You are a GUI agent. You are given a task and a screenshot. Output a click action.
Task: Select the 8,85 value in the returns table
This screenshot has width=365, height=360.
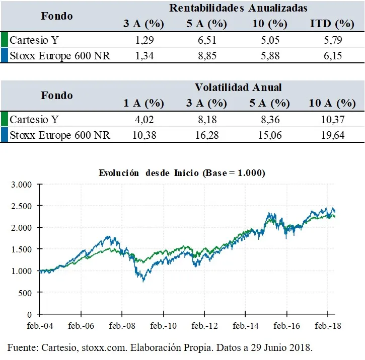pyautogui.click(x=203, y=56)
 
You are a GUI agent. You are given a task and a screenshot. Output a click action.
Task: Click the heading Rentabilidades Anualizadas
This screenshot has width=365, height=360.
pyautogui.click(x=238, y=8)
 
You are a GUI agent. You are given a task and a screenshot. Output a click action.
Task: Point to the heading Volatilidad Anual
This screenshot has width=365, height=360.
pyautogui.click(x=238, y=87)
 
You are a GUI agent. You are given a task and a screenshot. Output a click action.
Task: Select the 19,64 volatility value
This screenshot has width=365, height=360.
pyautogui.click(x=332, y=135)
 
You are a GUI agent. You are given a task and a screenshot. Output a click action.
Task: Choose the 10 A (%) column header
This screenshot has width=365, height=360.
pyautogui.click(x=332, y=104)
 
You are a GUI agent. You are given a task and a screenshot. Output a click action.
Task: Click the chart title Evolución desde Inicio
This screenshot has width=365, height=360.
pyautogui.click(x=182, y=172)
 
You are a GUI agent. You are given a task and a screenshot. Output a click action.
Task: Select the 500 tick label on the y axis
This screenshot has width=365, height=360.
pyautogui.click(x=25, y=293)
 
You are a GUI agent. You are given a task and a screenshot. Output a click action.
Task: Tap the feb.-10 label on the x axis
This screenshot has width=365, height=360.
pyautogui.click(x=163, y=326)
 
